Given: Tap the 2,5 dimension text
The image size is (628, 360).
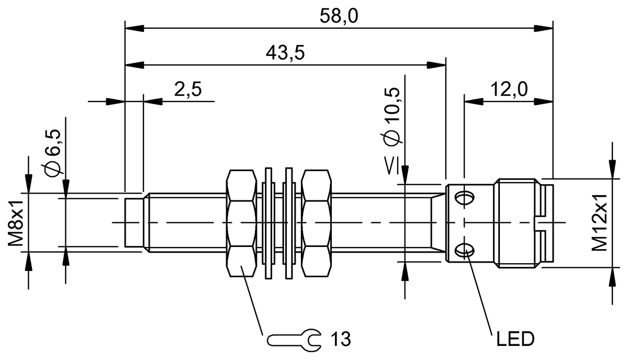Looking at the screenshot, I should (188, 89).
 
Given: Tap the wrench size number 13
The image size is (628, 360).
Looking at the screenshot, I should (341, 340).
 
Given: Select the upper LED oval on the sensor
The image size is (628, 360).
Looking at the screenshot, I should (464, 197).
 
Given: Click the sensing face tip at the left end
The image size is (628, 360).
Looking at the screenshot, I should (134, 222).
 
